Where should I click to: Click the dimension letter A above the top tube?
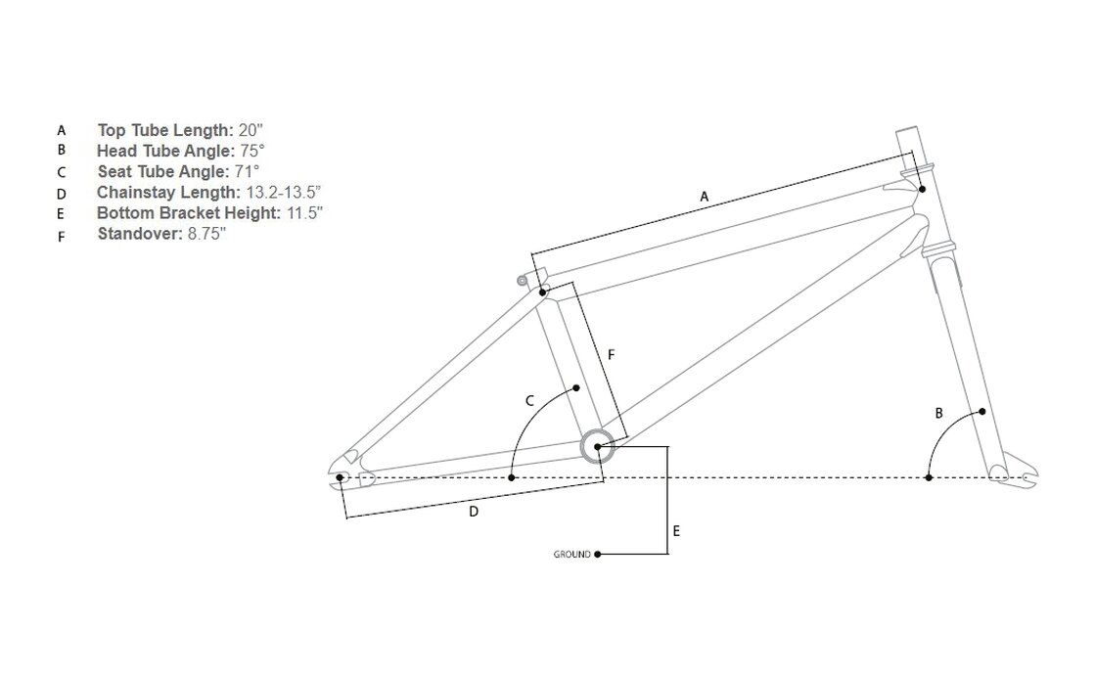[x=704, y=197]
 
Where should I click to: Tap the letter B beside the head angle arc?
[x=938, y=414]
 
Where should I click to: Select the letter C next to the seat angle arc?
[x=529, y=401]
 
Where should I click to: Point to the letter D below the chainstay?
[x=474, y=512]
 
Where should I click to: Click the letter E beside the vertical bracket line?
[x=676, y=531]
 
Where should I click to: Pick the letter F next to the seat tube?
[x=611, y=355]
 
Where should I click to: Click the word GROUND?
[x=571, y=555]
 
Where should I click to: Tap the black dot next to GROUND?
[x=598, y=555]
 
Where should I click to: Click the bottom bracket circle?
[x=598, y=430]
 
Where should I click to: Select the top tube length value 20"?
[x=251, y=131]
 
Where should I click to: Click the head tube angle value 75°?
[x=252, y=151]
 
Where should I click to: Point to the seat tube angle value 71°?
[x=247, y=171]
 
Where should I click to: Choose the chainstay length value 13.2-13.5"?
[x=284, y=192]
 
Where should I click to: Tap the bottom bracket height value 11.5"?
[x=305, y=213]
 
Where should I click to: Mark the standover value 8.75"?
[x=206, y=233]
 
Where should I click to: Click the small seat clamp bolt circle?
[x=522, y=281]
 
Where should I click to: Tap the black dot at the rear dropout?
[x=341, y=477]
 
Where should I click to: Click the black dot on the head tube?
[x=922, y=189]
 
